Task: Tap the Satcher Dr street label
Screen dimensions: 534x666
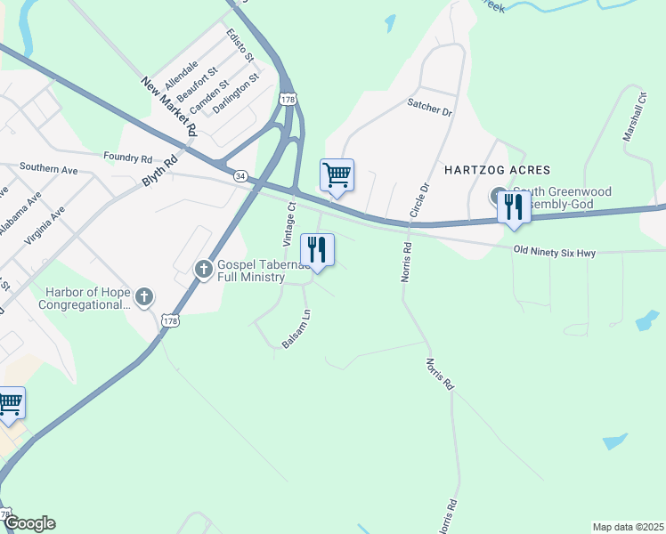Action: coord(431,109)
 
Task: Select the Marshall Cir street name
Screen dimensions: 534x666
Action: coord(634,121)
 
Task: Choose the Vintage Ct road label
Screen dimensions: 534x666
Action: coord(288,225)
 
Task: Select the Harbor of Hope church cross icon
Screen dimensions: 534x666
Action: coord(143,295)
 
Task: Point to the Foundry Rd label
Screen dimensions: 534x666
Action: coord(127,158)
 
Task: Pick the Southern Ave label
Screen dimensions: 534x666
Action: coord(49,167)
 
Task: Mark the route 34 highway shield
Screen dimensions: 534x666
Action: coord(240,176)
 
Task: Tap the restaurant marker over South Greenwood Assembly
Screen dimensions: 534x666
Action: coord(514,208)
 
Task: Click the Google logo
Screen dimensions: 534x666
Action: coord(28,523)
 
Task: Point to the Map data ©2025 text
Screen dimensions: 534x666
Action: coord(628,527)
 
